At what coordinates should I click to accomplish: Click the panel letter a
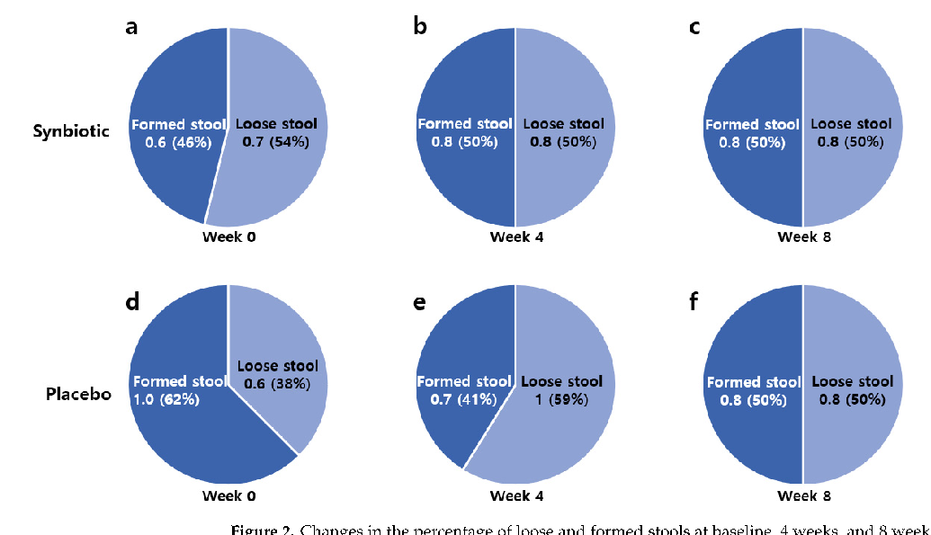click(x=132, y=27)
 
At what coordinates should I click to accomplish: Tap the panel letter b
click(x=420, y=27)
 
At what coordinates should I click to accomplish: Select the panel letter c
click(x=694, y=27)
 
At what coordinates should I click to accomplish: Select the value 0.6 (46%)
click(x=170, y=141)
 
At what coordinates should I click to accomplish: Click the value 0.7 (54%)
click(x=275, y=141)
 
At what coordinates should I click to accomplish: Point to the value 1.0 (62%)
click(x=170, y=399)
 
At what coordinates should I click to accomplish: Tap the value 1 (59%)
click(x=561, y=399)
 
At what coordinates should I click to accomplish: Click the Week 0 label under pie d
click(x=228, y=495)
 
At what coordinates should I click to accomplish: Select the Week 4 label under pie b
click(x=515, y=237)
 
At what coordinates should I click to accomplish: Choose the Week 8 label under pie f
click(x=803, y=495)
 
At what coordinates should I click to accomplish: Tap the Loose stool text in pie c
click(x=851, y=123)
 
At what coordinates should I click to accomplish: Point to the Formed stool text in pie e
click(x=463, y=381)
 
